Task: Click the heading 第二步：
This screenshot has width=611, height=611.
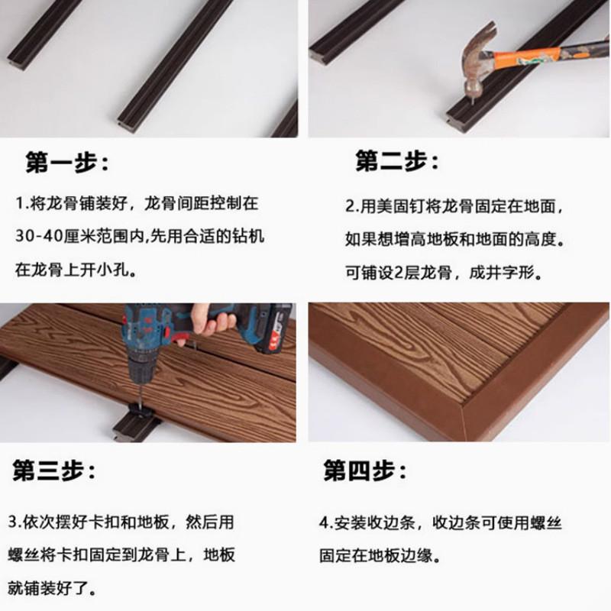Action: click(398, 161)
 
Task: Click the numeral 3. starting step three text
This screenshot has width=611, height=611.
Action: click(15, 523)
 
